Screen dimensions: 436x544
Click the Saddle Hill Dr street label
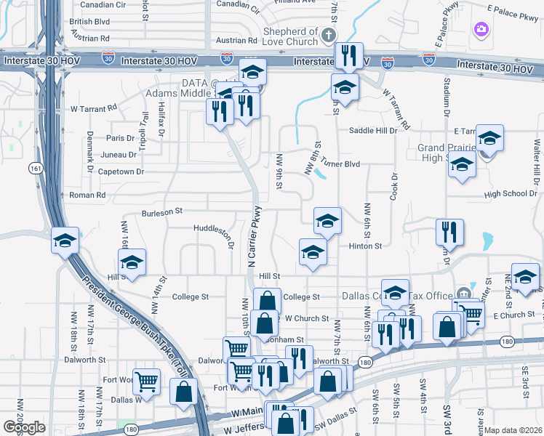click(x=373, y=131)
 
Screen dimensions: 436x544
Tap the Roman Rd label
click(x=87, y=195)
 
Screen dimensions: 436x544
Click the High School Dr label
click(x=511, y=194)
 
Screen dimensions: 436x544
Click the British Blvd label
click(x=89, y=22)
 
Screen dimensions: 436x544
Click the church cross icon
click(x=329, y=34)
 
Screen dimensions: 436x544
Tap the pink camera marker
click(x=481, y=29)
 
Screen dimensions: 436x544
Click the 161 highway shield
click(x=35, y=168)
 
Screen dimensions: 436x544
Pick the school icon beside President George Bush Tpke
click(x=65, y=241)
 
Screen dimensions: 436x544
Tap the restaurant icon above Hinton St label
click(x=449, y=232)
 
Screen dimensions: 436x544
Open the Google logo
click(x=24, y=427)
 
